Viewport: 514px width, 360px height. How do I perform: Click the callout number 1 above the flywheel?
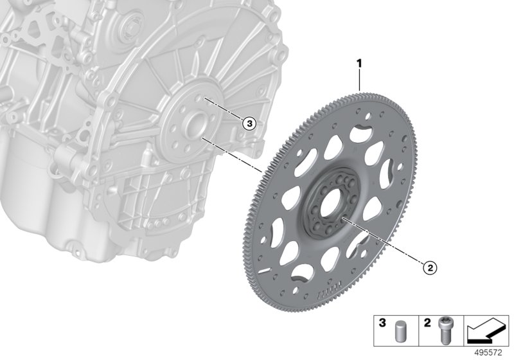(x=359, y=64)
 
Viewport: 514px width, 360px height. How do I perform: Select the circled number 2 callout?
(x=429, y=268)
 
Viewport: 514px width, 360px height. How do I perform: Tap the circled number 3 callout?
(x=249, y=123)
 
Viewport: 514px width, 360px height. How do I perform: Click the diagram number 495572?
(x=488, y=353)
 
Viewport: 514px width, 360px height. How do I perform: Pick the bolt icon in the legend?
(x=444, y=332)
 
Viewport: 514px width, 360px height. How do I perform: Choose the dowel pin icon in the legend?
(x=399, y=332)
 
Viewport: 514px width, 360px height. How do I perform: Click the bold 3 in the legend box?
(x=382, y=323)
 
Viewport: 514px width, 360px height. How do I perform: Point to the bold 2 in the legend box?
(x=427, y=323)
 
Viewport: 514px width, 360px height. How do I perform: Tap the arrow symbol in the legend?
(x=487, y=331)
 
